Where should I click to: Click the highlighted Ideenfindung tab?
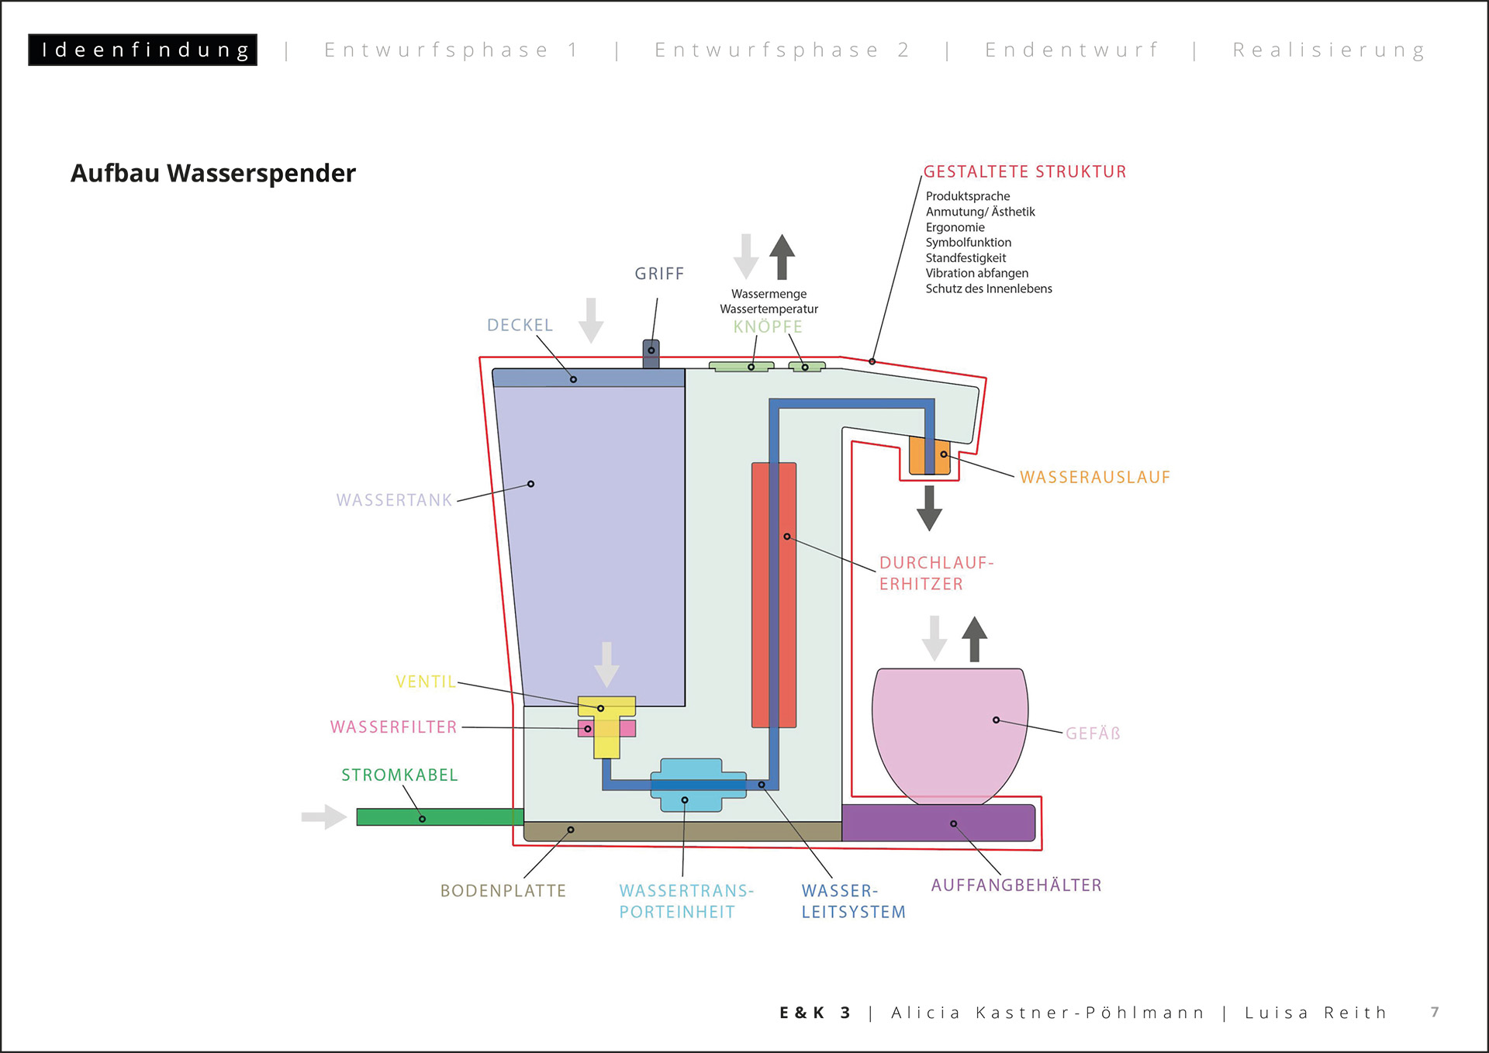click(x=143, y=50)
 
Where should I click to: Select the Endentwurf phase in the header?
click(x=1072, y=50)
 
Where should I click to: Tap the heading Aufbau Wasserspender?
click(x=213, y=173)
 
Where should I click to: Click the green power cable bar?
click(x=439, y=817)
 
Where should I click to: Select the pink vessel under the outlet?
click(x=949, y=733)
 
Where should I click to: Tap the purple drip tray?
click(x=938, y=823)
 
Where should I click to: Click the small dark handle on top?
click(x=651, y=354)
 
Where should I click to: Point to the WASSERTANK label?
click(x=394, y=500)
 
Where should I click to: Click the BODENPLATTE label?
click(x=503, y=891)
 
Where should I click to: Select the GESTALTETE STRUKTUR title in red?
click(x=1024, y=172)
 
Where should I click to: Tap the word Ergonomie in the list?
click(x=955, y=227)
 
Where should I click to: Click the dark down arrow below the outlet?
click(x=929, y=508)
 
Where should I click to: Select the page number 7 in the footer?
click(x=1435, y=1012)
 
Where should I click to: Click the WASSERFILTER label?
click(x=393, y=727)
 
